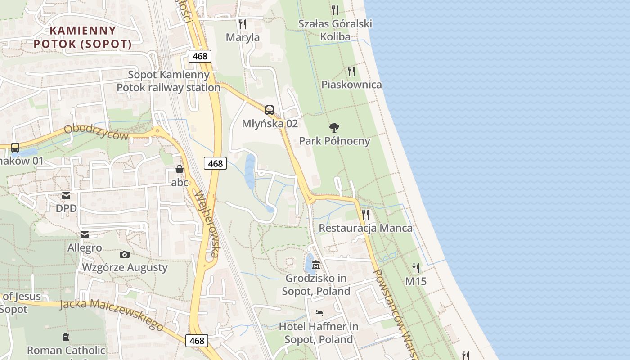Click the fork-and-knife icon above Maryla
[243, 24]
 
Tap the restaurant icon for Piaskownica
[351, 71]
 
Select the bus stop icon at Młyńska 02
[270, 110]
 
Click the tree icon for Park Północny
[334, 128]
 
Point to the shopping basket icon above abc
[180, 169]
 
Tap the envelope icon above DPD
[66, 195]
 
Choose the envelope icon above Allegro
[85, 234]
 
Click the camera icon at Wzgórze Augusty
[125, 254]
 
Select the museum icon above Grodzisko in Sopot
[316, 265]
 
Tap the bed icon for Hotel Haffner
[319, 313]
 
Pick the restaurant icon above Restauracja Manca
[365, 214]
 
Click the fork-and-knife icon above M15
[416, 268]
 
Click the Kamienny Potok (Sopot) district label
[83, 37]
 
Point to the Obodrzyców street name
[96, 132]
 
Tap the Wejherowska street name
[207, 224]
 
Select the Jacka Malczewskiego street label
[112, 315]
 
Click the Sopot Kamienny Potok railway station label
[169, 81]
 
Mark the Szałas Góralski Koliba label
[335, 30]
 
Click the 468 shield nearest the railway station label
[200, 56]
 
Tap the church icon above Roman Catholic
[66, 337]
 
